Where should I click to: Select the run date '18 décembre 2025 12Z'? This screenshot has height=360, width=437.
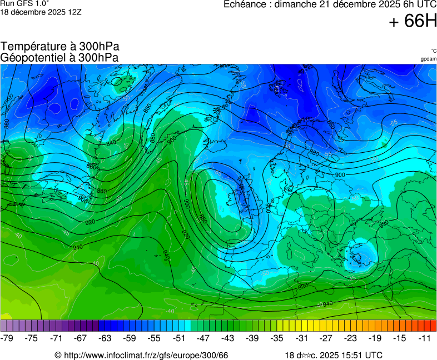(x=41, y=12)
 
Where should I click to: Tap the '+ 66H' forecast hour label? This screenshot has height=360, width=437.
(x=413, y=22)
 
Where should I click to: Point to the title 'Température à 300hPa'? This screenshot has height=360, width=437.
(x=60, y=47)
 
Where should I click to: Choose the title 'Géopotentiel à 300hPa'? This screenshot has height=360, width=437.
(x=59, y=57)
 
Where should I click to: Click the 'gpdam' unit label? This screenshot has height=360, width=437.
(x=428, y=59)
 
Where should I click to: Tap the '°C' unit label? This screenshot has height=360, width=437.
(x=433, y=51)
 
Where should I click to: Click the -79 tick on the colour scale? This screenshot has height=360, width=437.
(x=8, y=338)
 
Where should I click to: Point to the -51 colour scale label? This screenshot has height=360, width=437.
(x=179, y=338)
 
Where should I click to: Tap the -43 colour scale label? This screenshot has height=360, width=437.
(x=228, y=338)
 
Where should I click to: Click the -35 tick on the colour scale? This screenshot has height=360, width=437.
(x=277, y=338)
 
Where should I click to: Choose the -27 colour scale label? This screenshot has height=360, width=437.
(x=326, y=338)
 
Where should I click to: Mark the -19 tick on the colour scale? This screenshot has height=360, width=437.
(x=375, y=338)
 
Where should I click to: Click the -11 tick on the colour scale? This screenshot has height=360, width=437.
(x=424, y=338)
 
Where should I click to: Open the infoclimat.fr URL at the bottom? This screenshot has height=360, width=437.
(x=141, y=355)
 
